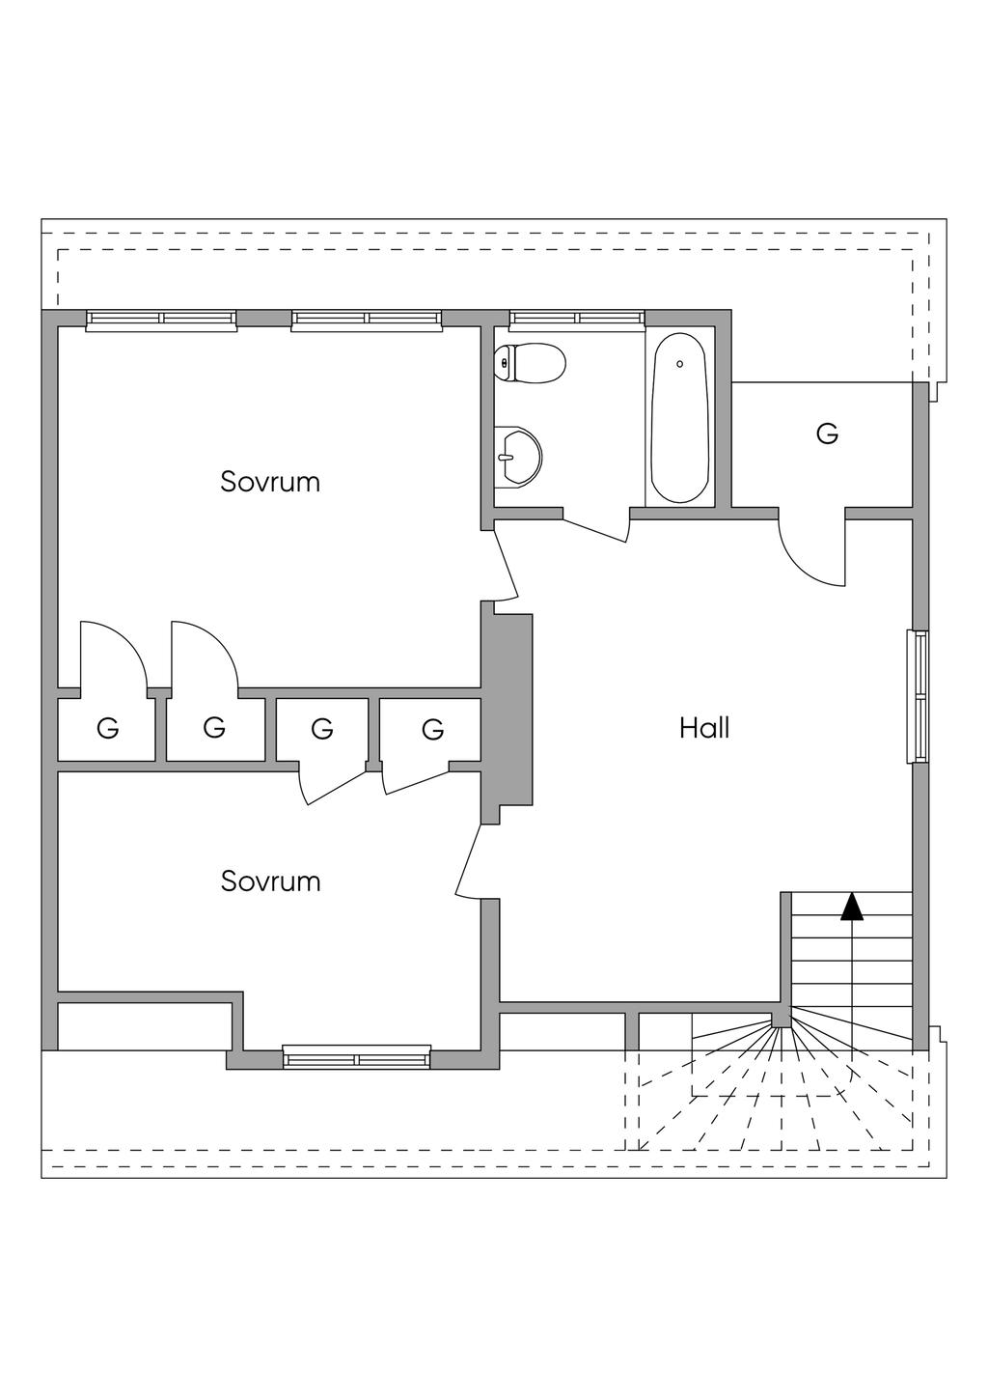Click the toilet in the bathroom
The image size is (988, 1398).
pyautogui.click(x=531, y=364)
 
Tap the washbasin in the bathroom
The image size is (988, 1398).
pyautogui.click(x=518, y=456)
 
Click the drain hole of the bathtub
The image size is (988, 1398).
pyautogui.click(x=680, y=364)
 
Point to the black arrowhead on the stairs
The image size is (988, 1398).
pyautogui.click(x=851, y=907)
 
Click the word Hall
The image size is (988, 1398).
pyautogui.click(x=704, y=728)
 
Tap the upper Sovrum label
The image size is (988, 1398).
pyautogui.click(x=270, y=482)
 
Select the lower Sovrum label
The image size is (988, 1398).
pyautogui.click(x=270, y=881)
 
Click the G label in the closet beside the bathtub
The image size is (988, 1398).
pyautogui.click(x=827, y=434)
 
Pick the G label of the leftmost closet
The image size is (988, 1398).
pyautogui.click(x=108, y=729)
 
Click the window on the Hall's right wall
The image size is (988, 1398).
pyautogui.click(x=919, y=696)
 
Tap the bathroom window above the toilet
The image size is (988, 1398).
pyautogui.click(x=577, y=320)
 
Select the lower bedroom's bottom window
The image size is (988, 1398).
pyautogui.click(x=357, y=1057)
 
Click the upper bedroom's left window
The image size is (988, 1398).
pyautogui.click(x=161, y=320)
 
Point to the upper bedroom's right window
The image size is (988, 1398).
pyautogui.click(x=367, y=320)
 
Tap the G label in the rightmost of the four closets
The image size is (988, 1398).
pyautogui.click(x=433, y=730)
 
